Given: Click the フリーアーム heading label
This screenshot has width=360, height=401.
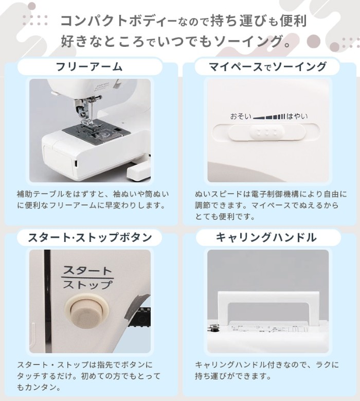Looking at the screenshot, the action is (x=89, y=67).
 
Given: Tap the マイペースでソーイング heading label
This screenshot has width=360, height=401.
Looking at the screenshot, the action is (x=267, y=67).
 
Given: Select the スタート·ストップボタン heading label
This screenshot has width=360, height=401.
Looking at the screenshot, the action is (x=89, y=237).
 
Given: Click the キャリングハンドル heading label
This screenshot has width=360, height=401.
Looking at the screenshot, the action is (x=266, y=237).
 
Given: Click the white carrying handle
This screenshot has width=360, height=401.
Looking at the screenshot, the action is (x=268, y=296).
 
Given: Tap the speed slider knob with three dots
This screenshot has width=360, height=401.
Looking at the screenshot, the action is (x=267, y=132).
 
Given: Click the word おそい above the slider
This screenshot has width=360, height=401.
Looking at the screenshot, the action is (x=241, y=117).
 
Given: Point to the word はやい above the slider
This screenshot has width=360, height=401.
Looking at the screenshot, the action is (x=297, y=117).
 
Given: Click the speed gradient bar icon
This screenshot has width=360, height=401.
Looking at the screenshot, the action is (x=269, y=117).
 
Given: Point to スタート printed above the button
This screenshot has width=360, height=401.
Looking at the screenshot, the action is (x=87, y=271).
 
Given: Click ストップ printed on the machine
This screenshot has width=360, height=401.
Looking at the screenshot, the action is (x=87, y=285).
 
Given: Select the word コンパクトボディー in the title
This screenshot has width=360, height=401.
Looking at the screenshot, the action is (x=119, y=21).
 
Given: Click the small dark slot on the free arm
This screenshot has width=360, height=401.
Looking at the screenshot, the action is (x=76, y=163).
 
